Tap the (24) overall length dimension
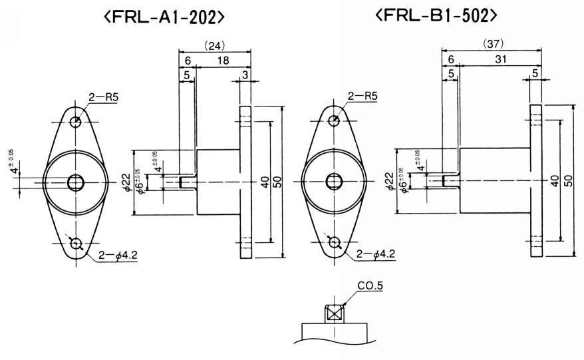pos(215,45)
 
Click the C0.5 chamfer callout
pos(370,287)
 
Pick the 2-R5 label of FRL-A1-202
pos(103,97)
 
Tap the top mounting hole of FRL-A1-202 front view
pos(76,121)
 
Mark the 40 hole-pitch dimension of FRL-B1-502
pos(554,180)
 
